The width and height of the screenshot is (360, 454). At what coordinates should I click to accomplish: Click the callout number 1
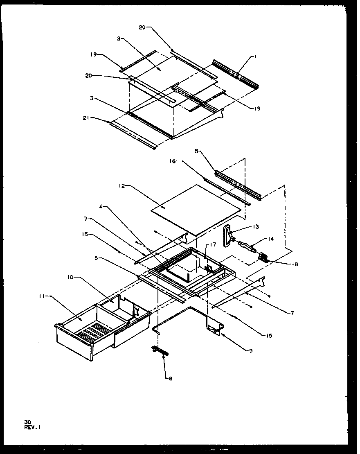255,57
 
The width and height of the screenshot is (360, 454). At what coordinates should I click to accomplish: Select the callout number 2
118,38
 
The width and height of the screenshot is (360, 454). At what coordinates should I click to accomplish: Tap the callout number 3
93,98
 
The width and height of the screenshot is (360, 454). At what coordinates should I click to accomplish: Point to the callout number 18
295,264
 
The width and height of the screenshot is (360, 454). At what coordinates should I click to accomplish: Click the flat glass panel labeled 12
196,209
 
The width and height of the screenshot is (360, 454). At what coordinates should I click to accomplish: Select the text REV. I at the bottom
32,427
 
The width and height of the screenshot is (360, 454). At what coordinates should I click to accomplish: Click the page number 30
27,421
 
